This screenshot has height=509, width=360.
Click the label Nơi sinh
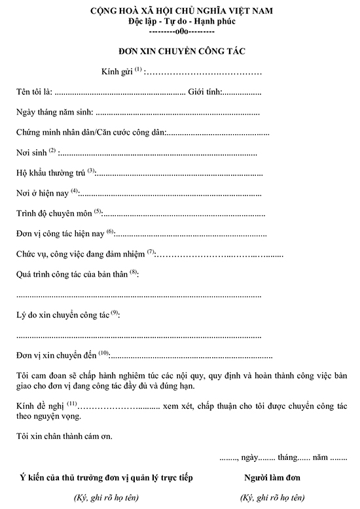click(x=31, y=152)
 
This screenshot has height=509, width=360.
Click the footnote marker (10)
click(x=103, y=353)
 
